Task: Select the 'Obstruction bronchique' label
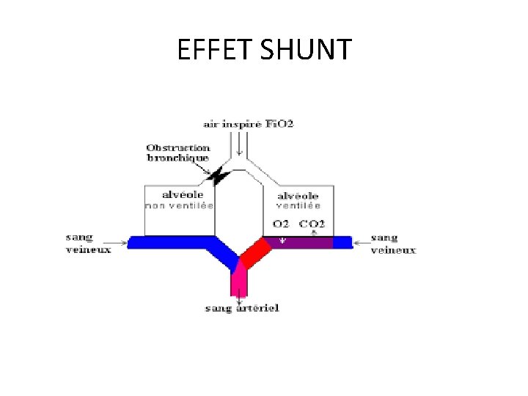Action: pyautogui.click(x=178, y=152)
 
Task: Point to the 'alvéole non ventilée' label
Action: pyautogui.click(x=180, y=200)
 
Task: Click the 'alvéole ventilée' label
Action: pyautogui.click(x=298, y=200)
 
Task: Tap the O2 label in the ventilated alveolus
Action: pyautogui.click(x=281, y=224)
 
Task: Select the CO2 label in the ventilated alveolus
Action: pyautogui.click(x=312, y=224)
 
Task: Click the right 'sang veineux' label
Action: pyautogui.click(x=393, y=243)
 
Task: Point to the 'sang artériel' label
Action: pyautogui.click(x=242, y=309)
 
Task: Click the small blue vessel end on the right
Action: pyautogui.click(x=342, y=242)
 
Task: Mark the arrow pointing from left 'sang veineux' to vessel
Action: pyautogui.click(x=117, y=241)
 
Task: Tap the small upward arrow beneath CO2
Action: pyautogui.click(x=314, y=233)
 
